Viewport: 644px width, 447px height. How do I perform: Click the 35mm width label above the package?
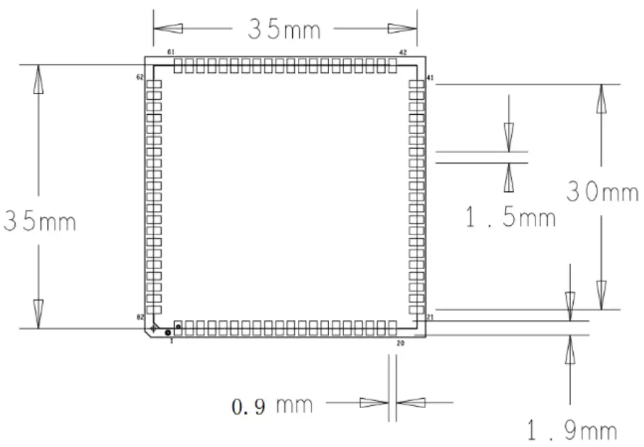[284, 30]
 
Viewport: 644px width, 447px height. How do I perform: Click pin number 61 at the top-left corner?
[170, 52]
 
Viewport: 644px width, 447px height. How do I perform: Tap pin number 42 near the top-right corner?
[403, 52]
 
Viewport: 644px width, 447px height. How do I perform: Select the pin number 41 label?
[430, 77]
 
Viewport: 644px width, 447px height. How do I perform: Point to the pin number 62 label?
[140, 77]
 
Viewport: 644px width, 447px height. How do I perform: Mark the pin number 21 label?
[430, 317]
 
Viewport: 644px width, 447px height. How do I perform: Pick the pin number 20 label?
[401, 343]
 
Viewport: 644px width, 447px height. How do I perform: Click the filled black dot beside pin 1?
[168, 332]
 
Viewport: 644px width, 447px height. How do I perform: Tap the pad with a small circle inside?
[179, 327]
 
